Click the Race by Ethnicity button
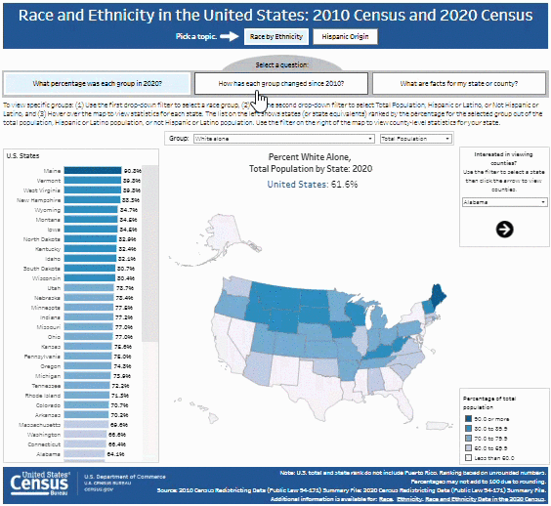[274, 36]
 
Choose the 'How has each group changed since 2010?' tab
[280, 83]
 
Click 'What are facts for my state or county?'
[458, 83]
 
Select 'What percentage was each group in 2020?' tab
[97, 83]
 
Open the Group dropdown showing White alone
[283, 140]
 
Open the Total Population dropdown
[417, 140]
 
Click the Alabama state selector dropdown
[502, 201]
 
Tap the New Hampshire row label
[41, 199]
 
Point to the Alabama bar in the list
[82, 454]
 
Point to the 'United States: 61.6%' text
[306, 184]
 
